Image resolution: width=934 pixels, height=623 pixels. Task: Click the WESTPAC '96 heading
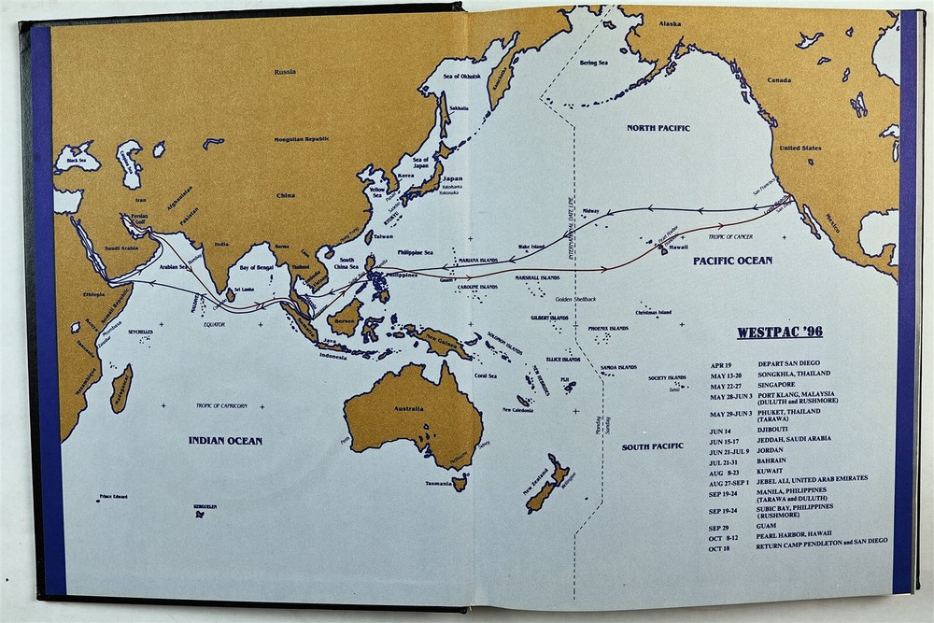click(x=780, y=333)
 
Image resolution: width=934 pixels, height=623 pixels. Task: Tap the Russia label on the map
click(x=285, y=72)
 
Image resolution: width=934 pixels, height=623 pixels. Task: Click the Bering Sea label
click(x=593, y=63)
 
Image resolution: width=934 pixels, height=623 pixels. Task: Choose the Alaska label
click(x=670, y=23)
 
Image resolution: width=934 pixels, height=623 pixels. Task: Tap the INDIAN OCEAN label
click(x=225, y=440)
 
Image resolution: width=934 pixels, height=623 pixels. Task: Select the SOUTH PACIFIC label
click(x=653, y=446)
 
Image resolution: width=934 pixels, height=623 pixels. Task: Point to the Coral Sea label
click(x=486, y=375)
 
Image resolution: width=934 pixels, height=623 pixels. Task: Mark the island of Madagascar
click(x=120, y=389)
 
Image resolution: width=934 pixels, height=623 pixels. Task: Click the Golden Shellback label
click(x=575, y=299)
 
